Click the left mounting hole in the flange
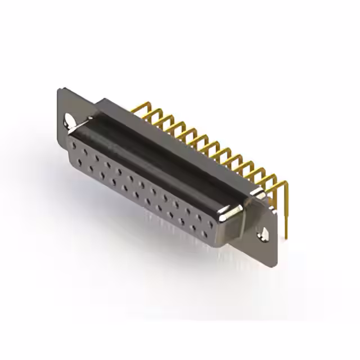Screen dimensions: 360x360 click(69, 119)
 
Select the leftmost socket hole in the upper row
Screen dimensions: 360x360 click(74, 145)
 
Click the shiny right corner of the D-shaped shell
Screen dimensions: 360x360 click(232, 213)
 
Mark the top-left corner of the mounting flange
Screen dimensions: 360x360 click(59, 90)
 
